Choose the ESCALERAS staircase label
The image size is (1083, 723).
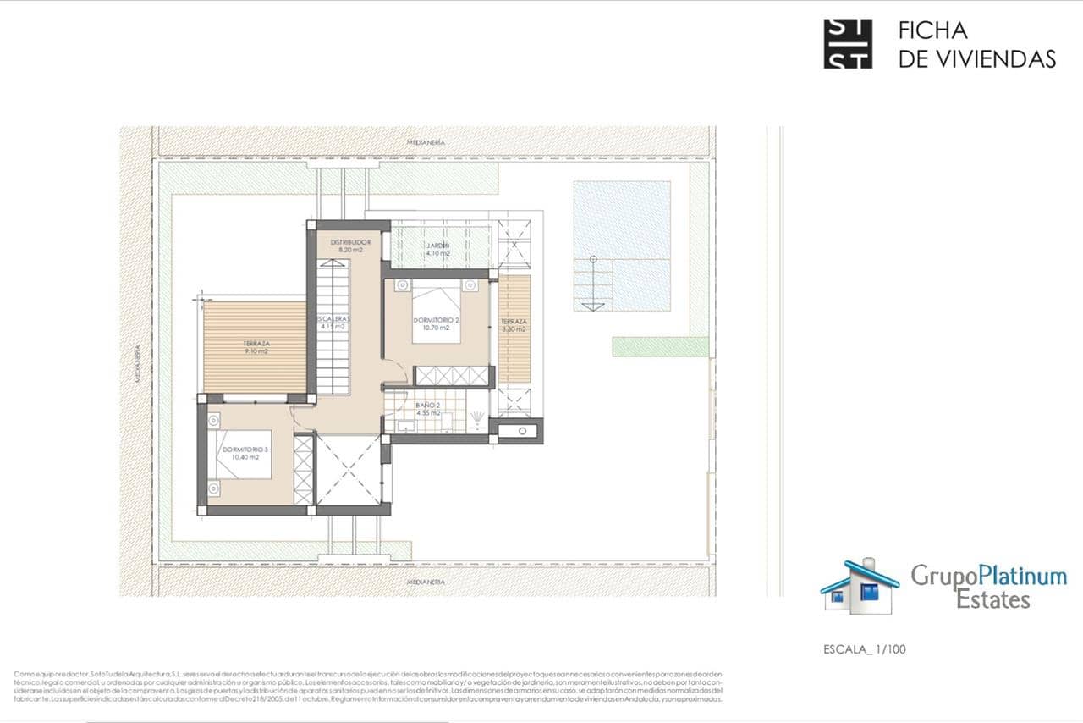click(333, 323)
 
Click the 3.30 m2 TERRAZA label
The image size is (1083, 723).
click(514, 326)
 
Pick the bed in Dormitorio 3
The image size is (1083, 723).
click(243, 455)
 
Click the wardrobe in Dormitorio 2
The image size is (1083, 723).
click(453, 376)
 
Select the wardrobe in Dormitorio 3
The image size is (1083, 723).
click(303, 470)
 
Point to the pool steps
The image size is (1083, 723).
click(593, 284)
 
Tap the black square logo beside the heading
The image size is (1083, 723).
click(848, 44)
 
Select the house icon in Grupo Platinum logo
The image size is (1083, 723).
click(860, 586)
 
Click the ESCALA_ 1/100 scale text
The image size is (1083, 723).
click(864, 650)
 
